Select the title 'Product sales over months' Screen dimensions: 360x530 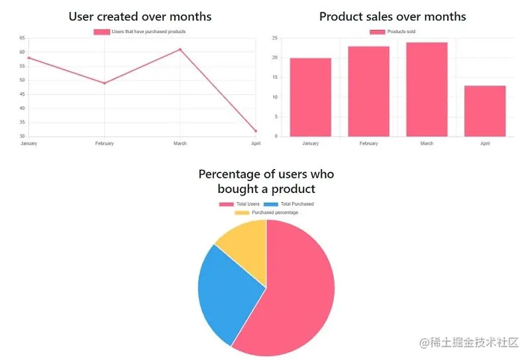click(x=392, y=17)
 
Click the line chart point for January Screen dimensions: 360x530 click(x=28, y=58)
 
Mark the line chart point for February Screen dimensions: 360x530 click(x=104, y=83)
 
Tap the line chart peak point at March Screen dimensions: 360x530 click(x=180, y=49)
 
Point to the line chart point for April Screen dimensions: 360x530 click(x=255, y=131)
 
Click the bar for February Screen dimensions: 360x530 click(x=368, y=91)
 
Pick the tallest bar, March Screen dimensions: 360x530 click(x=427, y=90)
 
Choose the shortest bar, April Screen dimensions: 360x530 click(x=484, y=111)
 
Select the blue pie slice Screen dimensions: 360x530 click(x=225, y=292)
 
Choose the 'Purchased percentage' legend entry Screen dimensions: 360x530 click(x=266, y=212)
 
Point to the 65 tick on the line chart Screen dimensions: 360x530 click(x=23, y=38)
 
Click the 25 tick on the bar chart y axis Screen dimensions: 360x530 click(x=274, y=38)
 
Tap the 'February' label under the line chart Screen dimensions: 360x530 click(x=104, y=143)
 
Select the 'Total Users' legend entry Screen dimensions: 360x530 click(x=240, y=204)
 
